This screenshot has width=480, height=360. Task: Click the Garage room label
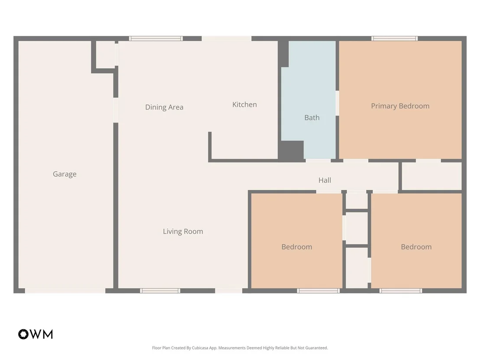pyautogui.click(x=65, y=174)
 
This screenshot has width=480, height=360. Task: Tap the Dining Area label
pyautogui.click(x=164, y=107)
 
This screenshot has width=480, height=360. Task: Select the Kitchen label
pyautogui.click(x=244, y=105)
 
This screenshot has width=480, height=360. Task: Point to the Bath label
pyautogui.click(x=312, y=117)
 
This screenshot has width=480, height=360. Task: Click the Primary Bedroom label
pyautogui.click(x=400, y=106)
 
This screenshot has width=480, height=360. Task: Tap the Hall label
pyautogui.click(x=324, y=180)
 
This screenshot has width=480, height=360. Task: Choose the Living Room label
pyautogui.click(x=183, y=231)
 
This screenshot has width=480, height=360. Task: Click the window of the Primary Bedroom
pyautogui.click(x=395, y=39)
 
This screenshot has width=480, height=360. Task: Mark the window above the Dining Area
pyautogui.click(x=156, y=39)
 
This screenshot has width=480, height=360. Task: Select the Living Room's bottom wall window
pyautogui.click(x=160, y=291)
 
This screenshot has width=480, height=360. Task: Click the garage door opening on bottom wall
pyautogui.click(x=65, y=291)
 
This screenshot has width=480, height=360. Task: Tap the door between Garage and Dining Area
pyautogui.click(x=116, y=110)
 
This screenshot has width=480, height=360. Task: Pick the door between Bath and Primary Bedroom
pyautogui.click(x=337, y=103)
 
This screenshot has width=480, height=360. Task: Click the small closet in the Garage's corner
pyautogui.click(x=106, y=55)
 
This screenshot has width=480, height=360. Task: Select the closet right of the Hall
pyautogui.click(x=431, y=176)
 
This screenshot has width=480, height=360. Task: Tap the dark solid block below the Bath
pyautogui.click(x=291, y=150)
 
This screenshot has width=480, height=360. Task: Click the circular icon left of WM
pyautogui.click(x=23, y=334)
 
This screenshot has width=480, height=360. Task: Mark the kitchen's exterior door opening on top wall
pyautogui.click(x=227, y=39)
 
